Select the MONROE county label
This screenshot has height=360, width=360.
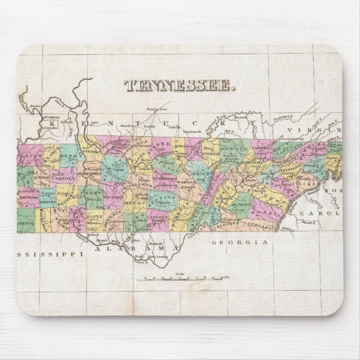pos(268,212)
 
